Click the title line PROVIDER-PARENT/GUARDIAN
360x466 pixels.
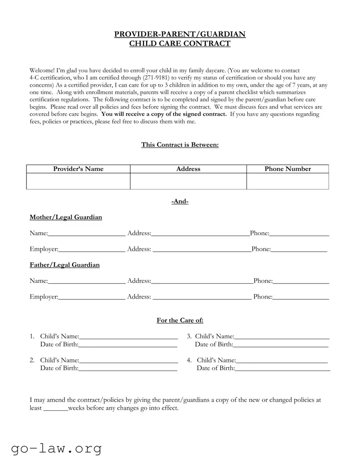click(x=180, y=34)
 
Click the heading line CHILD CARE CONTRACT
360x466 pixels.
click(x=180, y=44)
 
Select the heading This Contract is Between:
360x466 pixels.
click(x=180, y=145)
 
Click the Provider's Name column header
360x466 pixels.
click(x=78, y=169)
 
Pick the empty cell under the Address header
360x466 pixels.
click(x=188, y=181)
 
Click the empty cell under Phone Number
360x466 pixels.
click(x=288, y=181)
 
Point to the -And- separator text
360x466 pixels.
click(x=180, y=201)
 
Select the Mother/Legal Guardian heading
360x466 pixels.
click(x=66, y=217)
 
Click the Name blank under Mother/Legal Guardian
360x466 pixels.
click(x=87, y=234)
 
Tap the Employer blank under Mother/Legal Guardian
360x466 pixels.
click(x=92, y=250)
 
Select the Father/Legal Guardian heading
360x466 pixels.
click(x=65, y=265)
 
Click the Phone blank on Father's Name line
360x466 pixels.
click(x=301, y=282)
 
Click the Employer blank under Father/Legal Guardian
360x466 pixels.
click(x=92, y=297)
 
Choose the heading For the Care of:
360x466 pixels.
click(x=180, y=320)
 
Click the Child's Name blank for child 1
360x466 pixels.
click(x=128, y=337)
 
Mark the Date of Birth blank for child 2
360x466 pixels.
click(x=128, y=369)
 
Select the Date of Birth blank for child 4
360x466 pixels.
click(x=283, y=369)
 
